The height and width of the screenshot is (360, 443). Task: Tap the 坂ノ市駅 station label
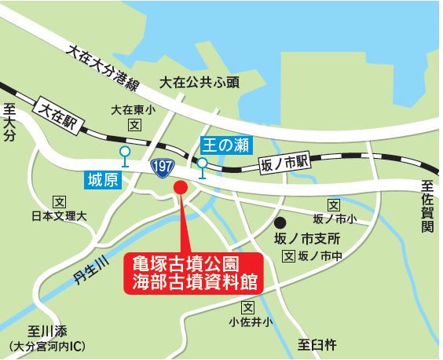[284, 163]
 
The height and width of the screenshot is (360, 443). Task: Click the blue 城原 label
[100, 181]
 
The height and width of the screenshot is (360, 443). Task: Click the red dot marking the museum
[180, 188]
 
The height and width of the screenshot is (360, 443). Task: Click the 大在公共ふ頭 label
[200, 82]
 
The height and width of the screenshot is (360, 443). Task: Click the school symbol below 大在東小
[134, 124]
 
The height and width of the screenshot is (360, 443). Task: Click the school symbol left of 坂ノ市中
[288, 256]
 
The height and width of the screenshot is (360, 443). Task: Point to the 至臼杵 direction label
[317, 343]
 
